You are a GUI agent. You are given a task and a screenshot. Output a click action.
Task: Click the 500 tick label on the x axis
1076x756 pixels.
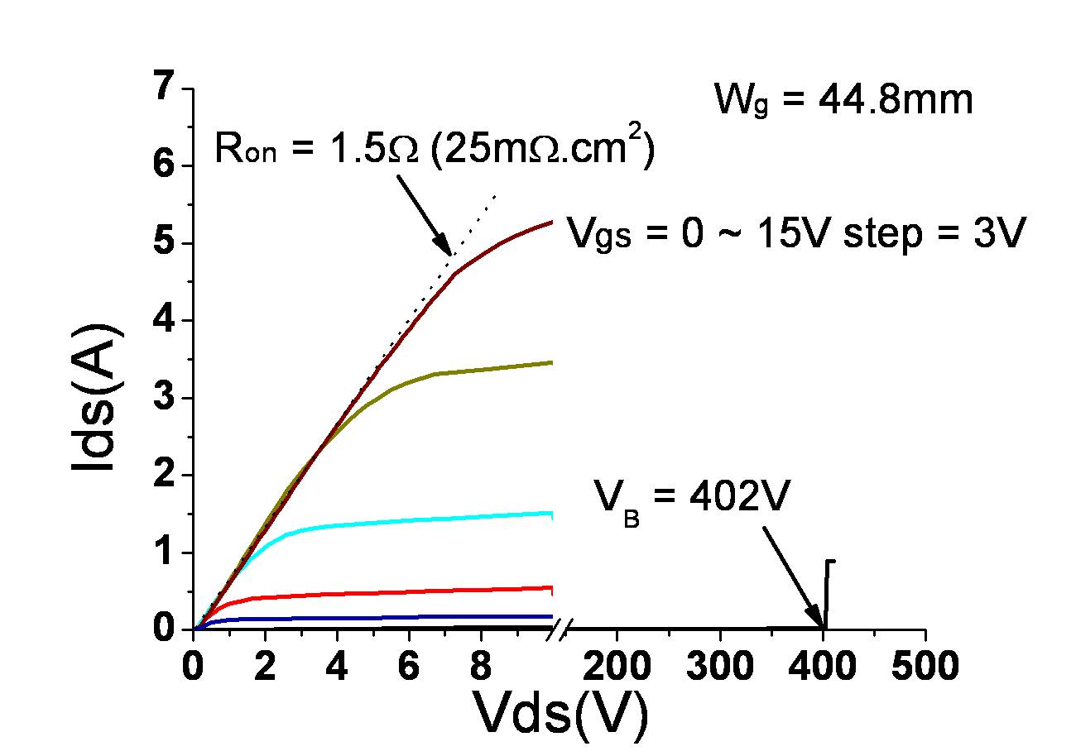coord(925,665)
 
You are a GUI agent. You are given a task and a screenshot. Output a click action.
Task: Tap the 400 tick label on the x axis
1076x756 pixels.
coord(822,665)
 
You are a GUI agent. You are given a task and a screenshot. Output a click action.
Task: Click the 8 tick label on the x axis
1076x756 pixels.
coord(479,665)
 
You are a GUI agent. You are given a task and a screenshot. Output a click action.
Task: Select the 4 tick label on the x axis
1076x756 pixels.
coord(336,665)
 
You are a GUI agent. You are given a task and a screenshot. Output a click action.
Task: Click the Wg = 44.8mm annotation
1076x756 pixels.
coord(843,101)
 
